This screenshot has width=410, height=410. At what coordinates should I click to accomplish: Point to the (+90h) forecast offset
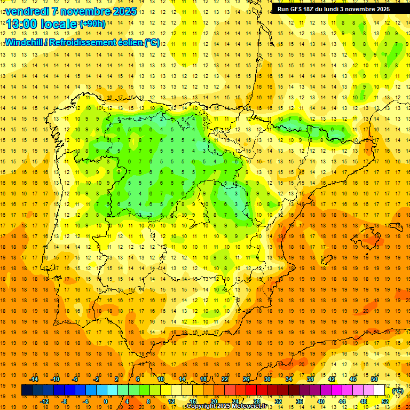click(92, 24)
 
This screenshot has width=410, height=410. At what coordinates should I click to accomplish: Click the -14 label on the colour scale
click(34, 379)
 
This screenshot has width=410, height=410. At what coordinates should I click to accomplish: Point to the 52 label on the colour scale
click(385, 401)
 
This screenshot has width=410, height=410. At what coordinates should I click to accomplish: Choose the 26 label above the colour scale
click(246, 379)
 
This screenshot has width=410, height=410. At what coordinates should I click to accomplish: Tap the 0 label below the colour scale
click(106, 401)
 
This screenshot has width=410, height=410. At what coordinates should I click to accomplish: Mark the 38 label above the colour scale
click(310, 379)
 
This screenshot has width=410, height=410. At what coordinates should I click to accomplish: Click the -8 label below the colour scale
click(65, 401)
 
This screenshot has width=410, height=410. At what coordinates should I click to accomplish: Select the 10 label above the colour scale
click(161, 379)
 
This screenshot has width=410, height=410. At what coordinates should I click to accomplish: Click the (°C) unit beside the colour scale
click(398, 391)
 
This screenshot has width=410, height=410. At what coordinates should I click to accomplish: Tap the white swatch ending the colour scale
click(380, 390)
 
